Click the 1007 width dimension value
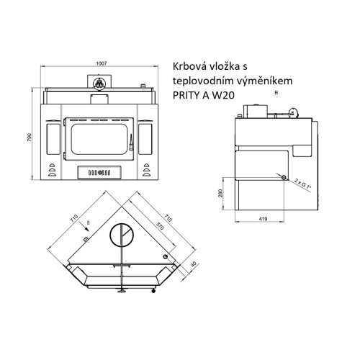pos(102,63)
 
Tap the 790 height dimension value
pos(30,138)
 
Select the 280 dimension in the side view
pos(220,193)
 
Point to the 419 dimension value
pos(263,219)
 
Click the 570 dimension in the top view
pos(160,226)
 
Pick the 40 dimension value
pos(194,264)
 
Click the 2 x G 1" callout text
pos(302,184)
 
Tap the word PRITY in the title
pos(186,96)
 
